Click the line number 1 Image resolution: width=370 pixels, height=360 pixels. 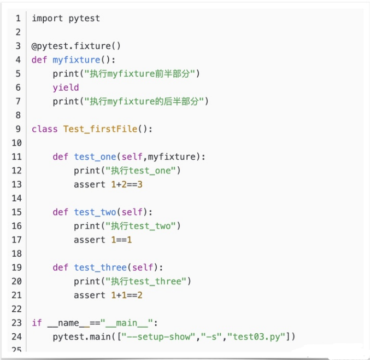(x=18, y=19)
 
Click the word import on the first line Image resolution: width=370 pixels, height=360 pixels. (x=48, y=19)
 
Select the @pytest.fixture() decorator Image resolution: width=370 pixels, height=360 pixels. (x=76, y=46)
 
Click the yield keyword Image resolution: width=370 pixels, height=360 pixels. (x=66, y=88)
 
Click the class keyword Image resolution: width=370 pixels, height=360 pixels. (x=45, y=129)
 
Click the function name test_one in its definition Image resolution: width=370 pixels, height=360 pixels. (x=95, y=157)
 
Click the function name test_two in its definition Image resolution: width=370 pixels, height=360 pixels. (x=95, y=212)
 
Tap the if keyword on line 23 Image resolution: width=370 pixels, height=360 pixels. (x=37, y=323)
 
